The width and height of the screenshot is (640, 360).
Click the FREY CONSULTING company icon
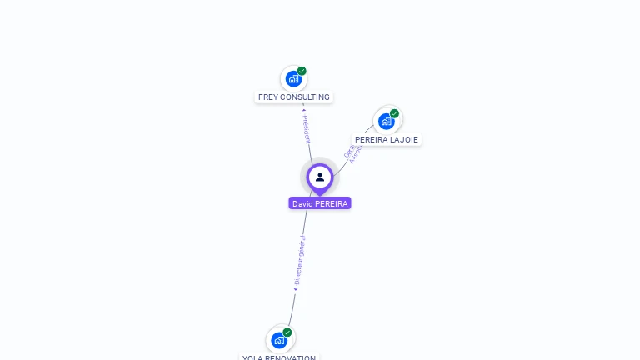[x=292, y=79]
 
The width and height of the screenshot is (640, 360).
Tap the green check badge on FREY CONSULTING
[x=302, y=71]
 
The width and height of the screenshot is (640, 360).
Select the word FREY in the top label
[x=267, y=97]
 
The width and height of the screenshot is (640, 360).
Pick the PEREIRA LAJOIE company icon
[x=386, y=122]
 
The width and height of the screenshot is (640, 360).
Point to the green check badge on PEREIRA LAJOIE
[x=394, y=113]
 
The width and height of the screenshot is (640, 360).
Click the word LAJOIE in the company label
[x=404, y=140]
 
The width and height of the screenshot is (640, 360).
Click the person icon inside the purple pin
[x=320, y=177]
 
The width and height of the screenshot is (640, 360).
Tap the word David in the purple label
[x=302, y=203]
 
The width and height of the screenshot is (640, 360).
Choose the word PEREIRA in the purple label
[x=332, y=203]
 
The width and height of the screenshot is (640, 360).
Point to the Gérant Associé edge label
[x=352, y=152]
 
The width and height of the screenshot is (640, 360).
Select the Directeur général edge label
[x=300, y=259]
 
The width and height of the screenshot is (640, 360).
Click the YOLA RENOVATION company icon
[x=278, y=340]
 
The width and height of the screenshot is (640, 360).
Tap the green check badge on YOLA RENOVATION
[x=287, y=332]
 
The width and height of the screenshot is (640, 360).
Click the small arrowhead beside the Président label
[x=304, y=109]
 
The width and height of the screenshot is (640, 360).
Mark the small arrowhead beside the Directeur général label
[x=296, y=289]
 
